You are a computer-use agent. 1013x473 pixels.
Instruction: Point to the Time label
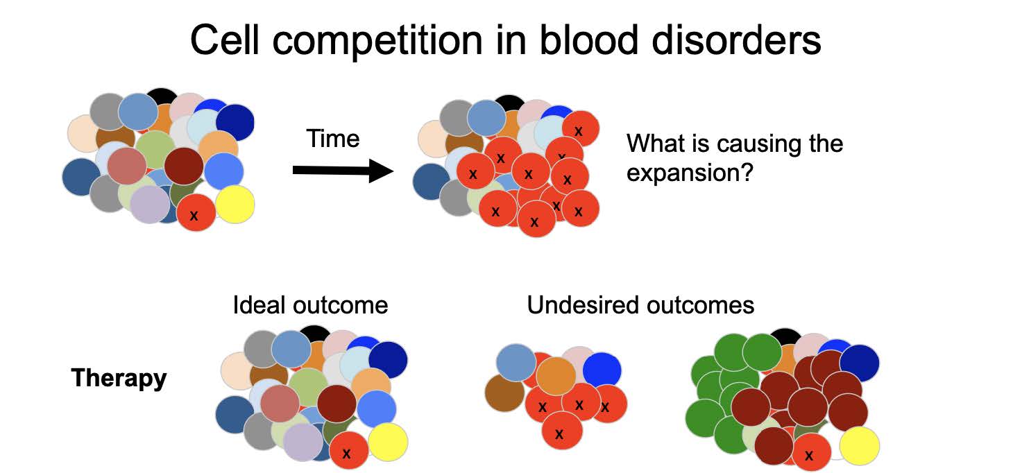point(333,139)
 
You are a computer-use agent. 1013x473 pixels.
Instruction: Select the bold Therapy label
point(119,378)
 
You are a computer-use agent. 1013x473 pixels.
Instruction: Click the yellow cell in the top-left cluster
point(235,204)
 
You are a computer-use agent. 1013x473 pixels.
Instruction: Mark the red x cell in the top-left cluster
point(196,214)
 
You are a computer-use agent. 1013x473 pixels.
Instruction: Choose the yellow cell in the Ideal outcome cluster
point(388,442)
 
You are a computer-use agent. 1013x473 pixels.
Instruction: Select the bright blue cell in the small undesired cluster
point(602,370)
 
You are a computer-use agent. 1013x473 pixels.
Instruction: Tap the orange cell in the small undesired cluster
point(556,376)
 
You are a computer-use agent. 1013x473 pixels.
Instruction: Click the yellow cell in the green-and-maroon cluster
point(860,447)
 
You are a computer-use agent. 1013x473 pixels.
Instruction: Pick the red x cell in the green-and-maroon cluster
point(810,454)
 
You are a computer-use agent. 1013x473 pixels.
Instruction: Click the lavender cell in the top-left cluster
point(149,205)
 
